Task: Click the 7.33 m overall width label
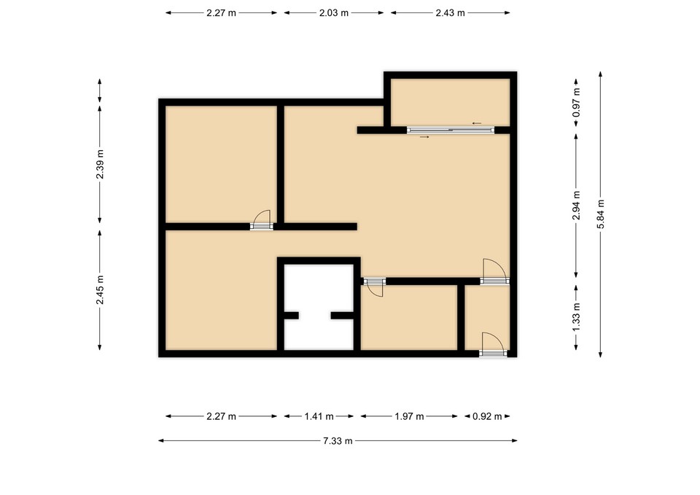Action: click(338, 441)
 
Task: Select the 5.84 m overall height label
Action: click(600, 214)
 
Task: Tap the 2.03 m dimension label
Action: click(334, 13)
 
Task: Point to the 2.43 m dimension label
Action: click(451, 13)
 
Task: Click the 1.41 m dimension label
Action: click(319, 416)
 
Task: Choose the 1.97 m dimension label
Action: click(409, 416)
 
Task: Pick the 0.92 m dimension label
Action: click(487, 416)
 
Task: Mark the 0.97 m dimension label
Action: click(576, 102)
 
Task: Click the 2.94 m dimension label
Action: click(576, 206)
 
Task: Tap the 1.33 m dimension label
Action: click(576, 317)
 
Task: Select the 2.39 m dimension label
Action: click(100, 164)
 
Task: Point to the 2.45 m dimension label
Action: click(100, 290)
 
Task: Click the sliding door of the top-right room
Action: click(451, 130)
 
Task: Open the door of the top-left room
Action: click(262, 220)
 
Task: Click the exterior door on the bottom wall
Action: click(494, 344)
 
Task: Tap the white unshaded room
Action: click(319, 307)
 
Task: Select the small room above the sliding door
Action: click(451, 102)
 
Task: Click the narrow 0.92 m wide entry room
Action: click(487, 317)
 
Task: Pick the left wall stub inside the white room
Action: click(292, 316)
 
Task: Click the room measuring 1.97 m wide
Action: click(409, 317)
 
